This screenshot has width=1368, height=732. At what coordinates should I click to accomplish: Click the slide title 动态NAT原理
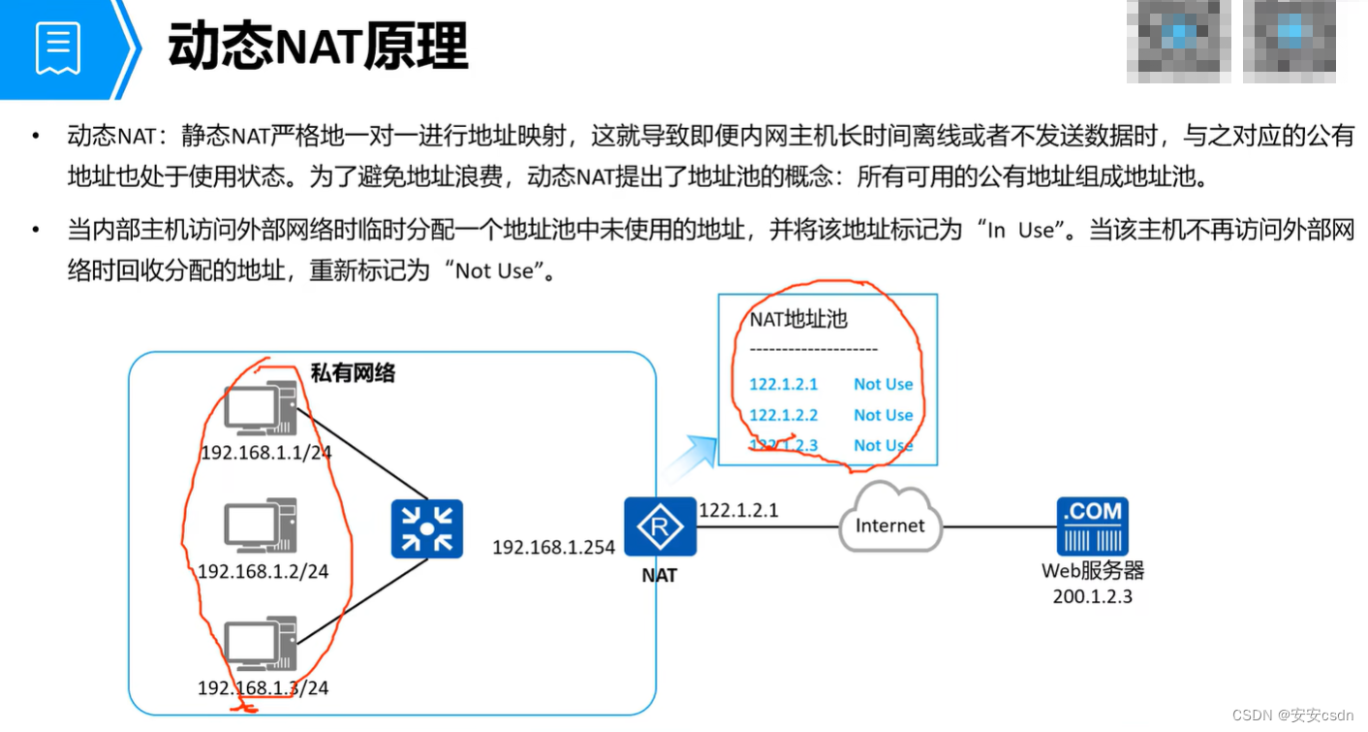[x=318, y=46]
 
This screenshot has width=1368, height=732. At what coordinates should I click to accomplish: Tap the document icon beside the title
[x=58, y=48]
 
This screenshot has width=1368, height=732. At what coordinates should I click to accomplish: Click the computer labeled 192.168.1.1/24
[x=261, y=410]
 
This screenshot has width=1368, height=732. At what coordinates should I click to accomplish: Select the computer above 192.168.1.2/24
[x=260, y=526]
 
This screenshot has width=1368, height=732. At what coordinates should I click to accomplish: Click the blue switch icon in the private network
[x=426, y=528]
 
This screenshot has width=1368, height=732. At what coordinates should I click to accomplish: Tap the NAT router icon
[x=660, y=527]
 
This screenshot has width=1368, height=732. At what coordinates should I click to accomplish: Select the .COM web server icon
[x=1093, y=525]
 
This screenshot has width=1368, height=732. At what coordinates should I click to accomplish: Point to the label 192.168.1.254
[x=553, y=548]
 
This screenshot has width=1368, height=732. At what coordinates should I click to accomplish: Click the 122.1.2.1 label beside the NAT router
[x=738, y=510]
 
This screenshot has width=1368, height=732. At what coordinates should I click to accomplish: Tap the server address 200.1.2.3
[x=1092, y=596]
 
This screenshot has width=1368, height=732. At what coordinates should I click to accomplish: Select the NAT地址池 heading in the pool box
[x=798, y=319]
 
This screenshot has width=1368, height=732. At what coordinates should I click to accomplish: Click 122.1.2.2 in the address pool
[x=783, y=415]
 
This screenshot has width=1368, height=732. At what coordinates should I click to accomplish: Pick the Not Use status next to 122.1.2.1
[x=883, y=384]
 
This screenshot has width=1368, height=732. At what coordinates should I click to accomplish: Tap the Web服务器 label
[x=1092, y=571]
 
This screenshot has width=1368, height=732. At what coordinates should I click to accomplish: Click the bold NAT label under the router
[x=659, y=575]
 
